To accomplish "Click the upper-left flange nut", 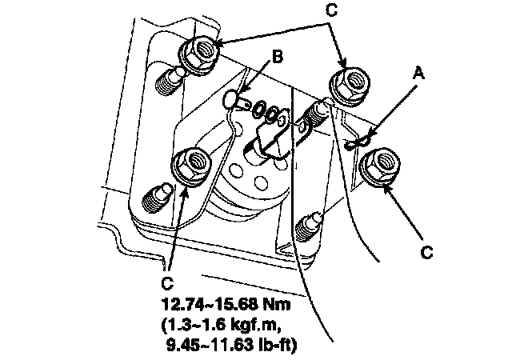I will (196, 53).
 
